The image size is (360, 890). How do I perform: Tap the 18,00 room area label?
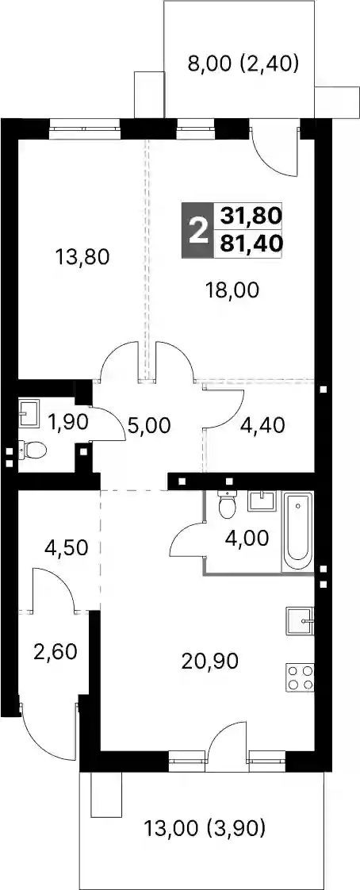tap(232, 290)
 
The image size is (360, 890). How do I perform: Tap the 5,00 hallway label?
tap(149, 425)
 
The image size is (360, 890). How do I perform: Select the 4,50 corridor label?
tap(67, 548)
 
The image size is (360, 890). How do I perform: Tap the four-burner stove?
tap(301, 677)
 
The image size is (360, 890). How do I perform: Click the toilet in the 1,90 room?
tap(33, 451)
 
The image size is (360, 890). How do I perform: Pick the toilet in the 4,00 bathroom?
tap(228, 504)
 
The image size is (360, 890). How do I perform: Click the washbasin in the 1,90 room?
tap(29, 412)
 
